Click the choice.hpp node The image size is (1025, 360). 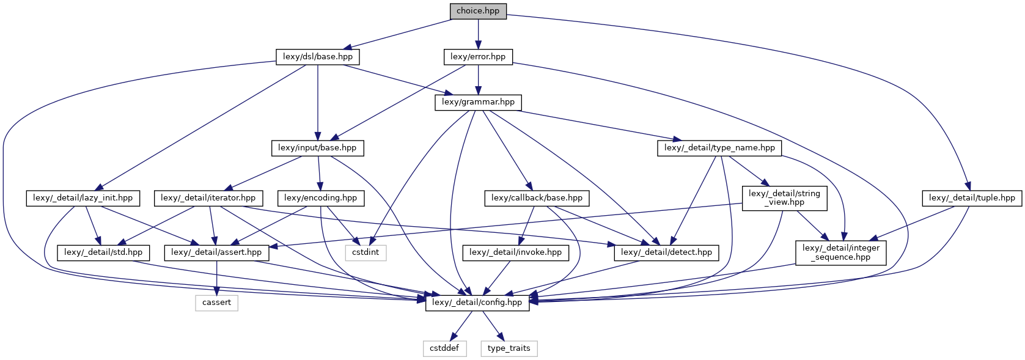pos(478,11)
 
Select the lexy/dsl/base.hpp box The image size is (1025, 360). pos(318,57)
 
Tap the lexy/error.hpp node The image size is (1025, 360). pos(478,57)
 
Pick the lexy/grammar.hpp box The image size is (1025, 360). pos(478,103)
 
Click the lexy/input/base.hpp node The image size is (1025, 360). pos(318,148)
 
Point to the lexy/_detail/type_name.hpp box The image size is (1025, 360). pos(720,148)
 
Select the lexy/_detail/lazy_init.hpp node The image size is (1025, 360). pos(83,199)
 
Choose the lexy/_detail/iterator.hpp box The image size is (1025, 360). pos(208,199)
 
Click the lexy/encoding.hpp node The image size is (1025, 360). pos(321,199)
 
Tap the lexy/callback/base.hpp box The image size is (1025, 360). pos(537,199)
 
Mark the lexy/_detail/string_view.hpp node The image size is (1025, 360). pos(784,198)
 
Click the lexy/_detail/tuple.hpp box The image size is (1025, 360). pos(972,199)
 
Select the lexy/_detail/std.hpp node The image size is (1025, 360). pos(103,252)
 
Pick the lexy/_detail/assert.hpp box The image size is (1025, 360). pos(216,252)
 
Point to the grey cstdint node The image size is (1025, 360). pos(366,252)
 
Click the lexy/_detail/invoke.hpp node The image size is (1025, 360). pos(516,252)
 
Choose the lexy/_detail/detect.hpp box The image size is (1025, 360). pos(666,252)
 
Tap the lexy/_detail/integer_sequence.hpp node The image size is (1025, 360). pos(841,252)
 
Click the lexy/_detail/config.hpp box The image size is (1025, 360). pos(477,303)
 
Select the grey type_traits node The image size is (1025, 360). pos(509,348)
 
